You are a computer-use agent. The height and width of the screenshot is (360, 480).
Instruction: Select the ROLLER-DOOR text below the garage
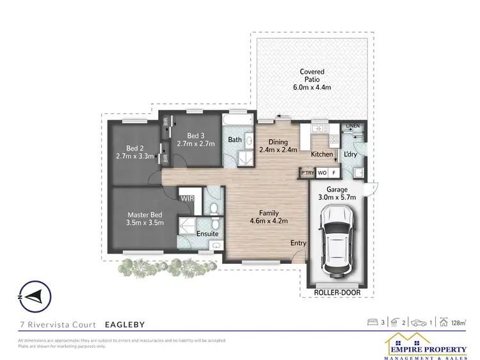pyautogui.click(x=337, y=293)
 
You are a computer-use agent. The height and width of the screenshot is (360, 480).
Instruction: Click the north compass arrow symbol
pyautogui.click(x=31, y=296)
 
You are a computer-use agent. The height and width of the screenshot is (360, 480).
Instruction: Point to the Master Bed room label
pyautogui.click(x=145, y=214)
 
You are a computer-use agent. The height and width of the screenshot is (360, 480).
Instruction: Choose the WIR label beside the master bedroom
pyautogui.click(x=188, y=199)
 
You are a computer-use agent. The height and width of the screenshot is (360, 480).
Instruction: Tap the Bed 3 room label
pyautogui.click(x=195, y=135)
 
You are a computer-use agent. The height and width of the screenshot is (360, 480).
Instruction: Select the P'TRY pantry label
pyautogui.click(x=307, y=173)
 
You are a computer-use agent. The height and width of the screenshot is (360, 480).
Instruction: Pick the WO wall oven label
pyautogui.click(x=322, y=173)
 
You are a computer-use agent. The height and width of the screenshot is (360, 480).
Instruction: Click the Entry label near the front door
pyautogui.click(x=298, y=243)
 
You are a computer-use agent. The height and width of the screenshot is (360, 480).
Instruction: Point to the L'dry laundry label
pyautogui.click(x=351, y=154)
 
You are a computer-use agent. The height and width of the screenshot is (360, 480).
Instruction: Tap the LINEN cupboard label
pyautogui.click(x=353, y=126)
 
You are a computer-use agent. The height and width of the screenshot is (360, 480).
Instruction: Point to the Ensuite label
pyautogui.click(x=207, y=234)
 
